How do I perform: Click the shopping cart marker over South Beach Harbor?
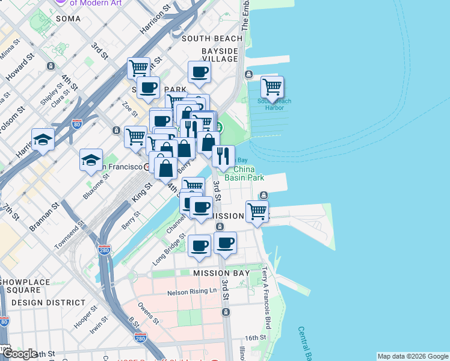(272, 87)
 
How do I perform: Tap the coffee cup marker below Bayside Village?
(199, 73)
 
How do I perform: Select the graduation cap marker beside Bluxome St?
(91, 160)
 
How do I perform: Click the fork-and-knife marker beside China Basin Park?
(223, 156)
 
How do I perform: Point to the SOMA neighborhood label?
(68, 19)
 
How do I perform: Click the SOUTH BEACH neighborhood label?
(212, 39)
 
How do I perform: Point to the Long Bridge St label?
(168, 251)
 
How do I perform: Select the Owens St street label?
(146, 314)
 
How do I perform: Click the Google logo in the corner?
(20, 354)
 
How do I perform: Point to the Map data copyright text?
(412, 356)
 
